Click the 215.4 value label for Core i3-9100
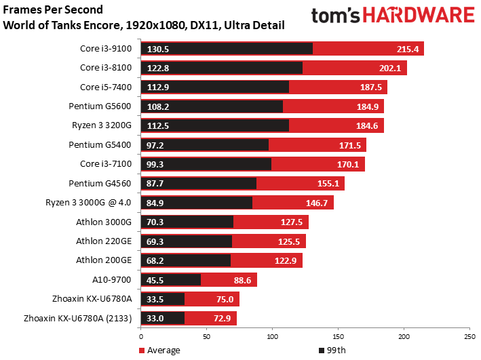(409, 49)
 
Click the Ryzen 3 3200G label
(104, 125)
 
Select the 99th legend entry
(333, 351)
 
